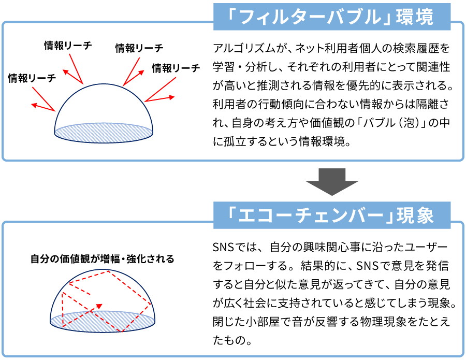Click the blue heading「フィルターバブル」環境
click(332, 17)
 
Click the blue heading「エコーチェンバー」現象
click(332, 215)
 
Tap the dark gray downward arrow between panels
click(332, 182)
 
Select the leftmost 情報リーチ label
click(32, 78)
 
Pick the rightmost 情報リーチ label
click(176, 68)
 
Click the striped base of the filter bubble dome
click(104, 133)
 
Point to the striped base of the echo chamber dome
click(103, 321)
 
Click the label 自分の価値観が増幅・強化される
click(102, 259)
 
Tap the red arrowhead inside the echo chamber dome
click(99, 306)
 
